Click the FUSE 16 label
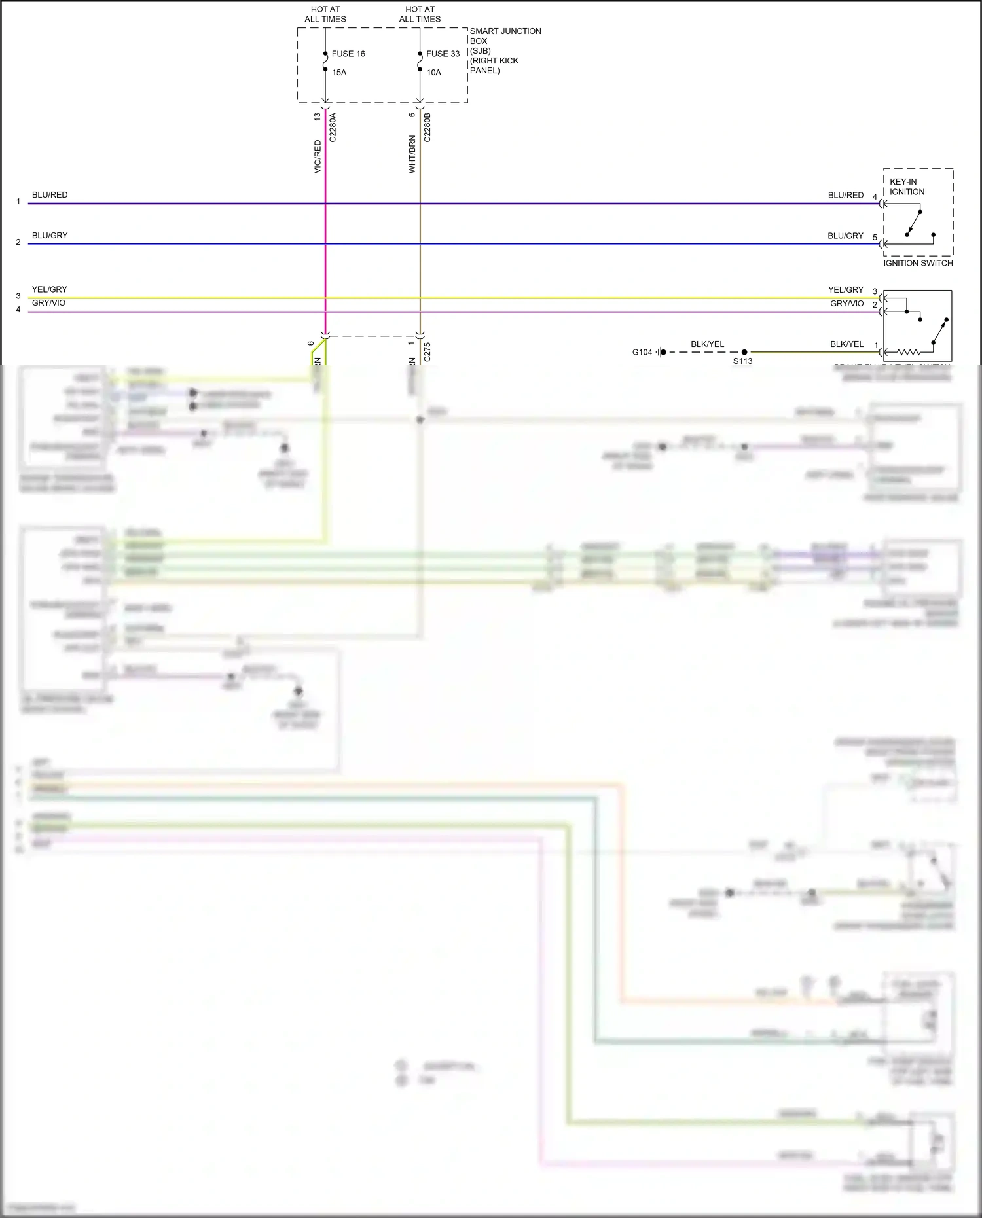tap(348, 54)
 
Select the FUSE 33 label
tap(443, 54)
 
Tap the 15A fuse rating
tap(339, 73)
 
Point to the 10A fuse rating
tap(433, 73)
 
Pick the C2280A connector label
tap(333, 128)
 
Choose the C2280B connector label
tap(427, 128)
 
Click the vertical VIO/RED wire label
tap(318, 156)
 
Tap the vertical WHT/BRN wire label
tap(412, 154)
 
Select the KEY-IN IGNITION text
tap(907, 187)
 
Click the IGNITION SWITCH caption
tap(918, 263)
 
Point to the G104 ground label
tap(642, 352)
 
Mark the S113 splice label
tap(742, 361)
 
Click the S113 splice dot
tap(744, 352)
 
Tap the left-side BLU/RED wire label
tap(50, 195)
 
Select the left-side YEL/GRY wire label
tap(49, 289)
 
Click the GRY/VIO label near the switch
tap(847, 304)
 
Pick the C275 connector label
tap(427, 351)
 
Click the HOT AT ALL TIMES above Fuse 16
tap(325, 14)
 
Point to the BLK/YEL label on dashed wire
tap(707, 344)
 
